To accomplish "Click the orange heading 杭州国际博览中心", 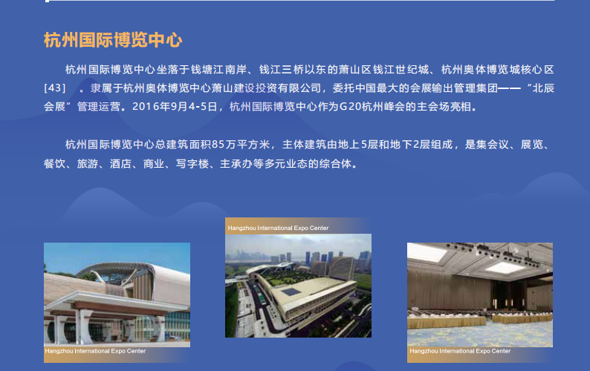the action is pyautogui.click(x=113, y=40).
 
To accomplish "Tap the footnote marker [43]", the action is pyautogui.click(x=55, y=88).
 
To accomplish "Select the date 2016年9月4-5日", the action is pyautogui.click(x=175, y=107).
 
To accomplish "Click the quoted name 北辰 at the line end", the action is pyautogui.click(x=543, y=88).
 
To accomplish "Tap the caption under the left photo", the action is pyautogui.click(x=95, y=351).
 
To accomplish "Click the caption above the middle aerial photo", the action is pyautogui.click(x=278, y=228).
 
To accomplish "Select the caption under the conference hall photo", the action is pyautogui.click(x=460, y=351).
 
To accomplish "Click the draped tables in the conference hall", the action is pyautogui.click(x=480, y=318).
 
